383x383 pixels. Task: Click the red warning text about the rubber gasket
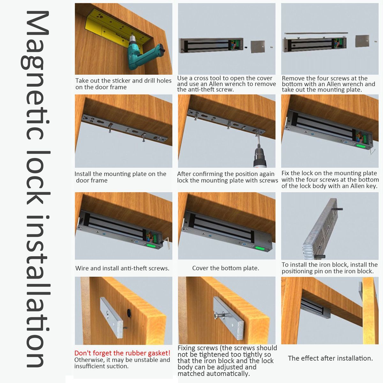[122, 353]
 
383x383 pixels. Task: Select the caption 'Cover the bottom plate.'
[226, 268]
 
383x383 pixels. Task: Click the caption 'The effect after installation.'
[330, 358]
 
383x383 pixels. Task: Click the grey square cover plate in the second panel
[258, 47]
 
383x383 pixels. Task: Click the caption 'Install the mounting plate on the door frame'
[120, 177]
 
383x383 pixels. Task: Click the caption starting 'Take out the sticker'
[123, 84]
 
